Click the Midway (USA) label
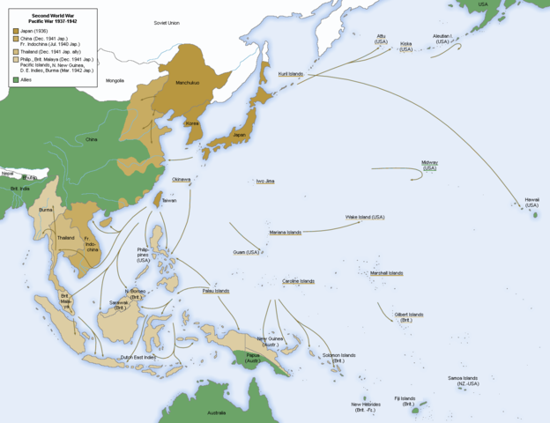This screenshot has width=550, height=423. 429,165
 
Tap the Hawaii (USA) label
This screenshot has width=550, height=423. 531,203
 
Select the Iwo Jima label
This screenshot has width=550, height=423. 265,181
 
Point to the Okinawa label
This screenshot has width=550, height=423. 181,179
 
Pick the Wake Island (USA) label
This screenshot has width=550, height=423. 365,217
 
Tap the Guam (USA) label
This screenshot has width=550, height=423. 246,252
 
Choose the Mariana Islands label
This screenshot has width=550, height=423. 285,232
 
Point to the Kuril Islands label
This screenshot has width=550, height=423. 290,74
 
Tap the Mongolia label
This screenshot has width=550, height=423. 115,80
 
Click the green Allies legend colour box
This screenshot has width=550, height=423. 16,79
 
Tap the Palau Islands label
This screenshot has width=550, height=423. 215,291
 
